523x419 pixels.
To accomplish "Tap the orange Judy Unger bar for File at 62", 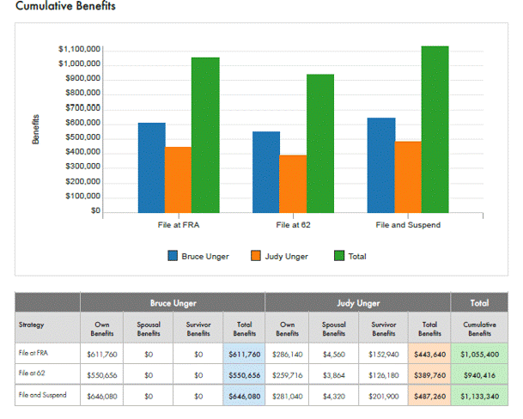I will pos(293,184).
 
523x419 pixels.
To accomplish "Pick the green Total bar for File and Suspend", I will pos(435,129).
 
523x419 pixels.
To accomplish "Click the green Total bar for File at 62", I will pos(320,143).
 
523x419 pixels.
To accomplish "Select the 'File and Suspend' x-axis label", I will pos(408,225).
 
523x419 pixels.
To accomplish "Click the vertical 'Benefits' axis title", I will pos(37,129).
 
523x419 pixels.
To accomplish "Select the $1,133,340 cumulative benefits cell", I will pos(479,398).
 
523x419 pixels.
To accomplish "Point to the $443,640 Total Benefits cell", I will pos(430,353).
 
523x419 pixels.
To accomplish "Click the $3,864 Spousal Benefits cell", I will pos(333,375).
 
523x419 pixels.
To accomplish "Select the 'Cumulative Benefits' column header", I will pos(479,328).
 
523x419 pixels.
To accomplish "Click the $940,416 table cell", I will pos(479,375).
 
